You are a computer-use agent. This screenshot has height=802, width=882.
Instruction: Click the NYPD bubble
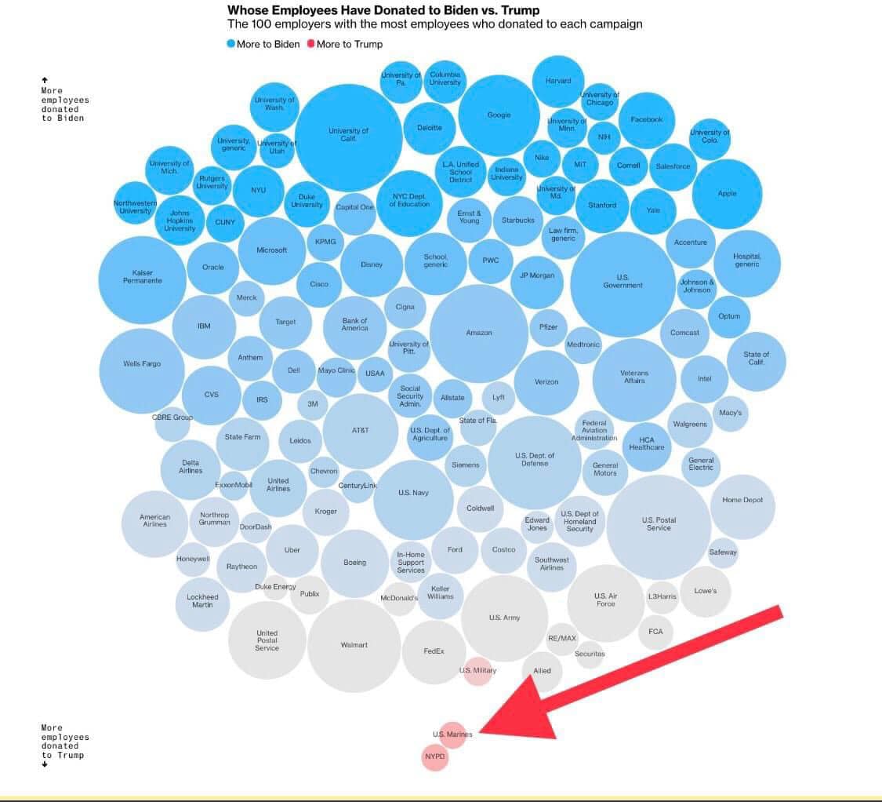click(434, 757)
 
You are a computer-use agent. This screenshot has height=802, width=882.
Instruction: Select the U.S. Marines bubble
click(452, 735)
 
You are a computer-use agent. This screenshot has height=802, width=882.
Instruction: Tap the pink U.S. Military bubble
click(477, 671)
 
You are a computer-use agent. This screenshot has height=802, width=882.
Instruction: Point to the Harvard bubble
click(558, 81)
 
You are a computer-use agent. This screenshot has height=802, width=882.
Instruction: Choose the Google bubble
click(499, 115)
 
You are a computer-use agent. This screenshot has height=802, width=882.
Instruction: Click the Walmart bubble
click(354, 645)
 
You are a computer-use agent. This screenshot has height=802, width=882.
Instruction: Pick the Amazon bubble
click(479, 333)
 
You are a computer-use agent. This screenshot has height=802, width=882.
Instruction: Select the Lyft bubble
click(499, 397)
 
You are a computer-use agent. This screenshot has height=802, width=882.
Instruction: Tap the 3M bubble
click(312, 403)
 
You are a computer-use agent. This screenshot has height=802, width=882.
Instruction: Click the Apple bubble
click(727, 194)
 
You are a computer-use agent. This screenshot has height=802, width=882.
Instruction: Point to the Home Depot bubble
click(742, 501)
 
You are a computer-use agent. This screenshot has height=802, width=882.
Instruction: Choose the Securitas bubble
click(590, 654)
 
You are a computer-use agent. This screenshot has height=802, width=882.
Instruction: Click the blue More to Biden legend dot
click(231, 44)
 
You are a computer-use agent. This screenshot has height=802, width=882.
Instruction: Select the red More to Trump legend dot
click(310, 44)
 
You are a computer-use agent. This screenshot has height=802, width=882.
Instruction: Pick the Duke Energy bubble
click(275, 587)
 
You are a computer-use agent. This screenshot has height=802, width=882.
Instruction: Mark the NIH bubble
click(604, 137)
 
